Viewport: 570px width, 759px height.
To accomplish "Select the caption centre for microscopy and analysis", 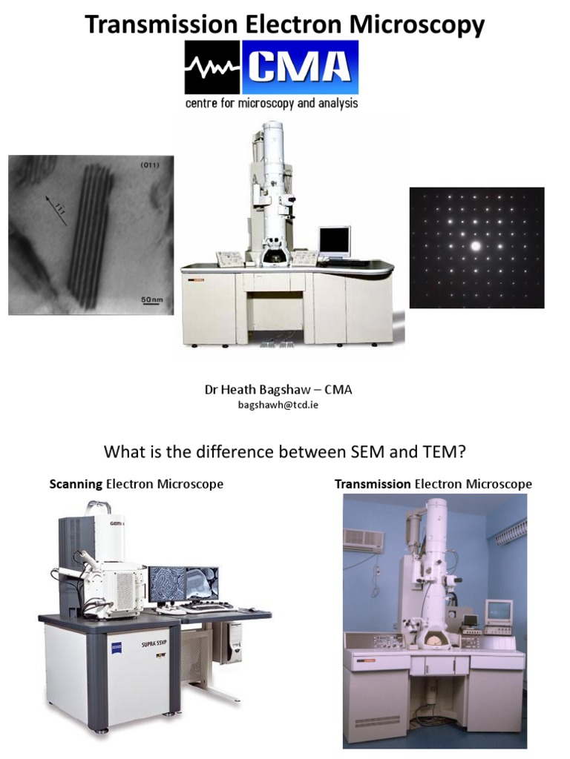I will [272, 104].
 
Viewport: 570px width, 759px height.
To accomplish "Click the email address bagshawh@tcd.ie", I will [272, 405].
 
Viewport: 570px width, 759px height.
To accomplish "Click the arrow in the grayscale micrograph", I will [53, 208].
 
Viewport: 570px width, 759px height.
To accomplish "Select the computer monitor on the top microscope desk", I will [335, 241].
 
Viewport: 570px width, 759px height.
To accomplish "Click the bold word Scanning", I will [76, 484].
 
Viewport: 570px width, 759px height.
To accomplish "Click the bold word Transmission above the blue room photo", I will [373, 484].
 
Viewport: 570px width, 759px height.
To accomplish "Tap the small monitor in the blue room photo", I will [499, 611].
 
